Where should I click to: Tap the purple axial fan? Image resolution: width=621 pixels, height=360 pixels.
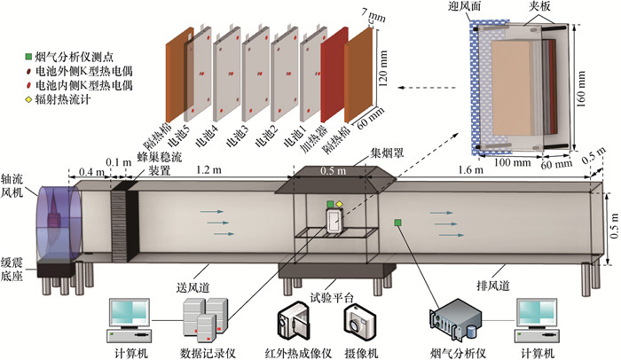55,222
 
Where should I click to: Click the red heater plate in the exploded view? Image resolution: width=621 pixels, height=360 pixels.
336,75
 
